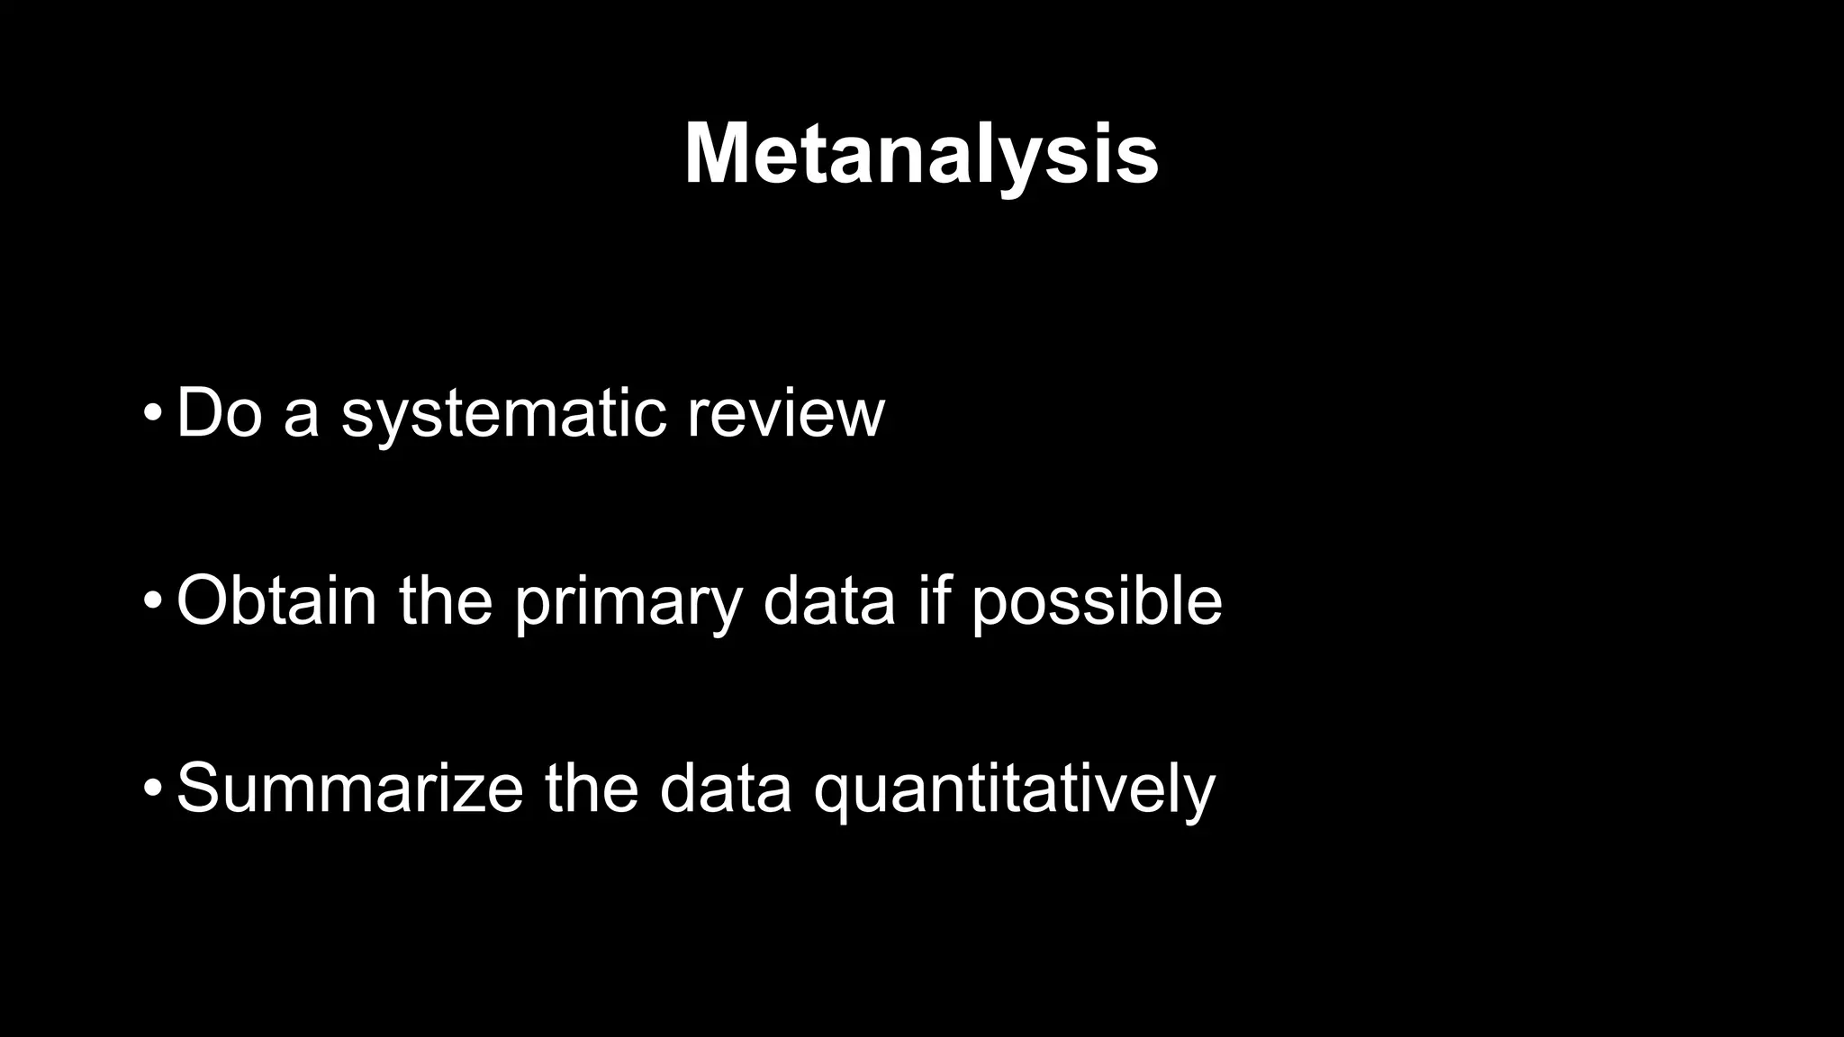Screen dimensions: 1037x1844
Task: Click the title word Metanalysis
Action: [x=921, y=155]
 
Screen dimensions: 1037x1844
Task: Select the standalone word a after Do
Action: [x=301, y=416]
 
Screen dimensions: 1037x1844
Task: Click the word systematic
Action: [x=503, y=416]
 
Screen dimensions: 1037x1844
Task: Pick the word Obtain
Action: [x=276, y=600]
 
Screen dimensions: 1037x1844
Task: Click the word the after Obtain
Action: [x=446, y=600]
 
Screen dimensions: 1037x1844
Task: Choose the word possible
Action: [x=1097, y=603]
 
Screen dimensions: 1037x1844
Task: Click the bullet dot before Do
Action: [x=152, y=415]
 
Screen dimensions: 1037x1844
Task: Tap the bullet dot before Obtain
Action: [x=152, y=601]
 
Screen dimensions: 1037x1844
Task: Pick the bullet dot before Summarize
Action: [x=152, y=789]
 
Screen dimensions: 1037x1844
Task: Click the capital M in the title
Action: [x=718, y=154]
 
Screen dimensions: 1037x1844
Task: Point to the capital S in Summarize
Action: [x=198, y=789]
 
